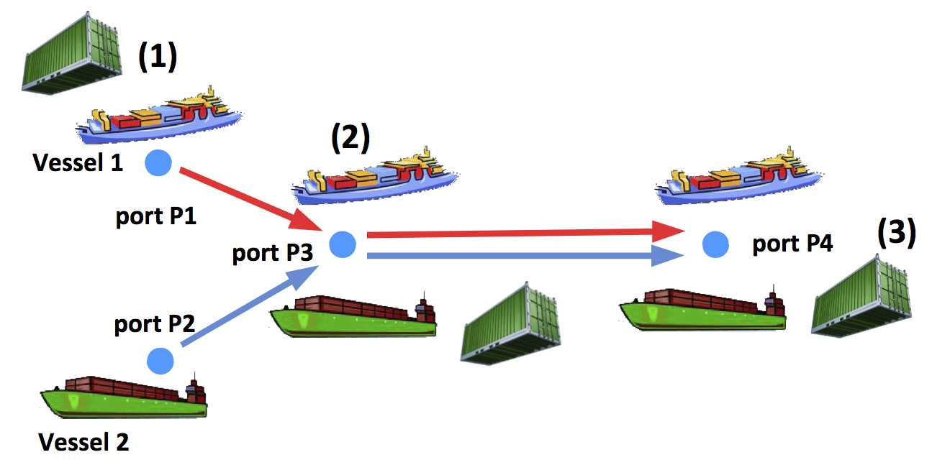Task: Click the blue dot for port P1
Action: point(158,163)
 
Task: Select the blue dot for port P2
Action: point(160,359)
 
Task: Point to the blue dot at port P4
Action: point(714,245)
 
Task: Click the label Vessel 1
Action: point(78,163)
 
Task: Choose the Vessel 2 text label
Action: point(83,441)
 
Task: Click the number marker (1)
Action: point(157,57)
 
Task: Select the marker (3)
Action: point(896,234)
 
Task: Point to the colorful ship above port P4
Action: point(738,177)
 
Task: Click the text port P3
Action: point(271,254)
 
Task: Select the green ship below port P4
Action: point(702,310)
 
